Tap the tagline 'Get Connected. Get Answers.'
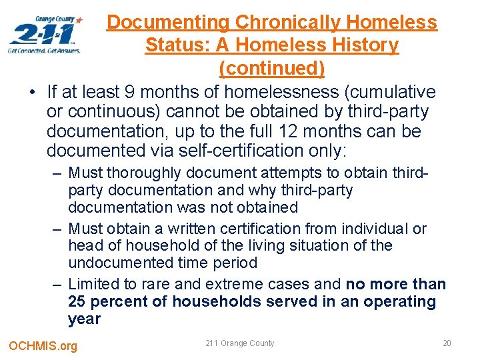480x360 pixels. (44, 50)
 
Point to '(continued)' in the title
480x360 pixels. (271, 68)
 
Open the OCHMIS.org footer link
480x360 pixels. (43, 345)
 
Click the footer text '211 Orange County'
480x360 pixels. (239, 343)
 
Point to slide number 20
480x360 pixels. (446, 343)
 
